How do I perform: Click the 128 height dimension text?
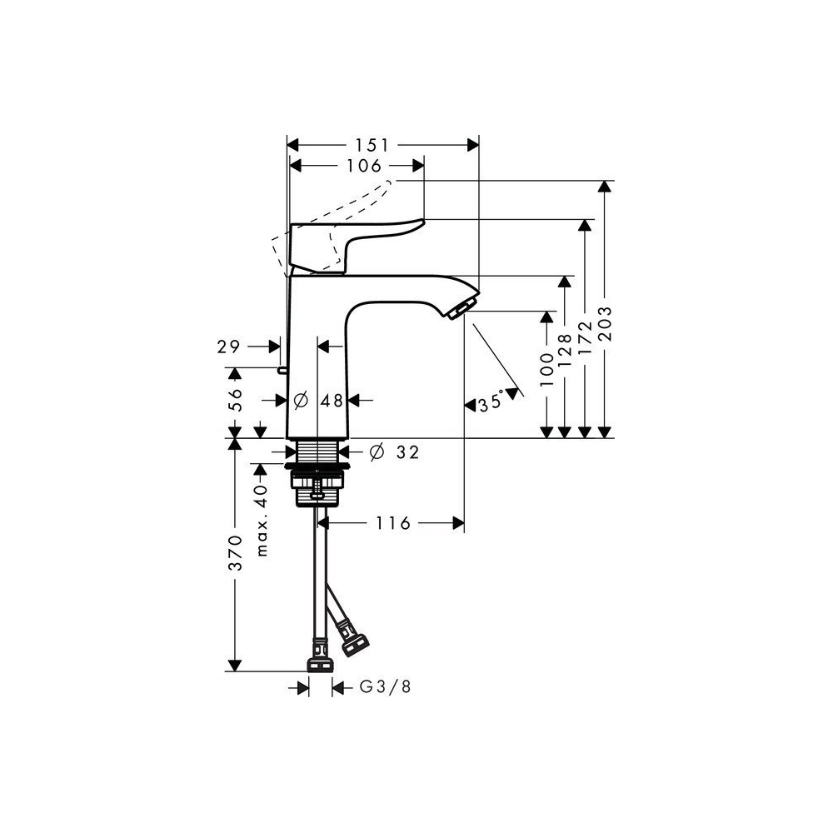pos(566,348)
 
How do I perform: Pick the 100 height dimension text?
pos(546,367)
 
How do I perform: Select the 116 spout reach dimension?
pos(393,523)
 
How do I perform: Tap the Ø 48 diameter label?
pos(321,401)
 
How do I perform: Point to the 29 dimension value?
pos(230,347)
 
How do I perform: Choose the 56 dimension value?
pos(236,400)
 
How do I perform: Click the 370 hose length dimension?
pos(236,552)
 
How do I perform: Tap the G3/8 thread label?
pos(386,687)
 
